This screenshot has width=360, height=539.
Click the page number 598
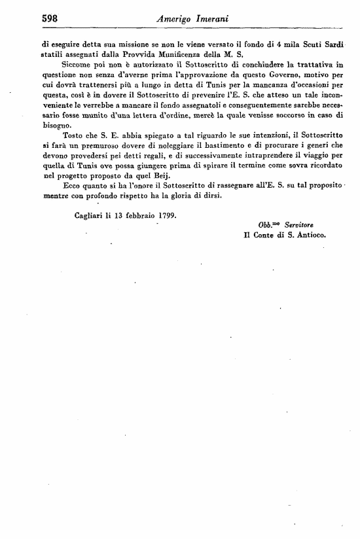tap(32, 19)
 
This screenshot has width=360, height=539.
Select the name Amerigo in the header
tap(173, 20)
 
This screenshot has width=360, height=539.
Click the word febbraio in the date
tap(136, 215)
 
